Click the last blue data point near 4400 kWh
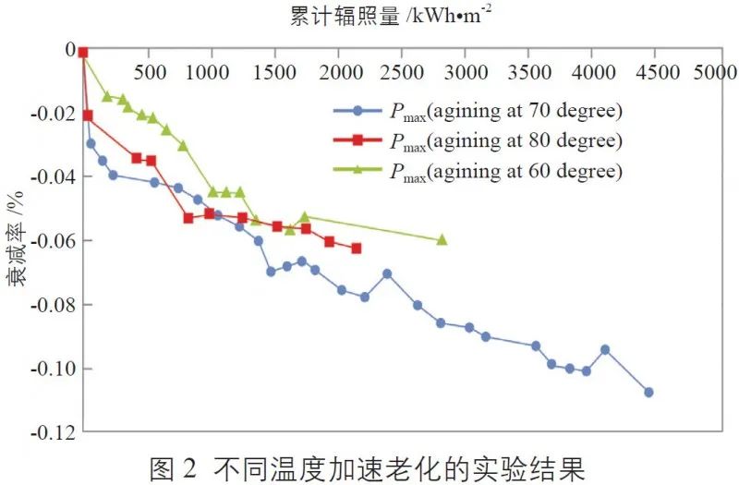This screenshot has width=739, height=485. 648,392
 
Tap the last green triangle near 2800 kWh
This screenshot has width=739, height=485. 442,239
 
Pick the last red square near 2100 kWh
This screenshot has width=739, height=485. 357,249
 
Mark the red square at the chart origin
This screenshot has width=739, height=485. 82,53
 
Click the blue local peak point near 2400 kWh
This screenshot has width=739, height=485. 387,273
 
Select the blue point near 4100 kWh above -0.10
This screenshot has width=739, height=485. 605,349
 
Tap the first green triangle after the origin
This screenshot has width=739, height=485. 107,95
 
